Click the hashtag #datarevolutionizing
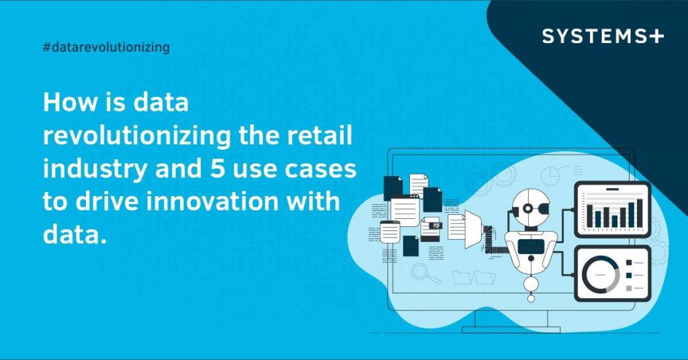click(x=105, y=47)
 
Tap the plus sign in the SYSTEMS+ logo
click(x=656, y=36)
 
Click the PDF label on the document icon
click(x=437, y=226)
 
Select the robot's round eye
click(x=529, y=209)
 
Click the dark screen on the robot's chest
click(x=531, y=245)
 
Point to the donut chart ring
click(x=601, y=275)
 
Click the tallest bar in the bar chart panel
click(x=640, y=213)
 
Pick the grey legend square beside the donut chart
click(x=629, y=288)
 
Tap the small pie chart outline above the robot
click(x=550, y=174)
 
